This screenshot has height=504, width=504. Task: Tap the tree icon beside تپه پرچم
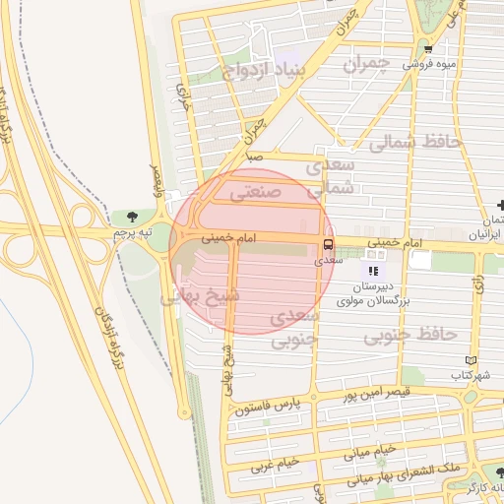pos(131,217)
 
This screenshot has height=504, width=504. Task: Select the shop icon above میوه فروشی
pos(427,48)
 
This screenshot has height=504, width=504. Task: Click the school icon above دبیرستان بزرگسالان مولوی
pos(372,271)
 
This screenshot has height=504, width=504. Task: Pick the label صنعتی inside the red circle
pos(255,194)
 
